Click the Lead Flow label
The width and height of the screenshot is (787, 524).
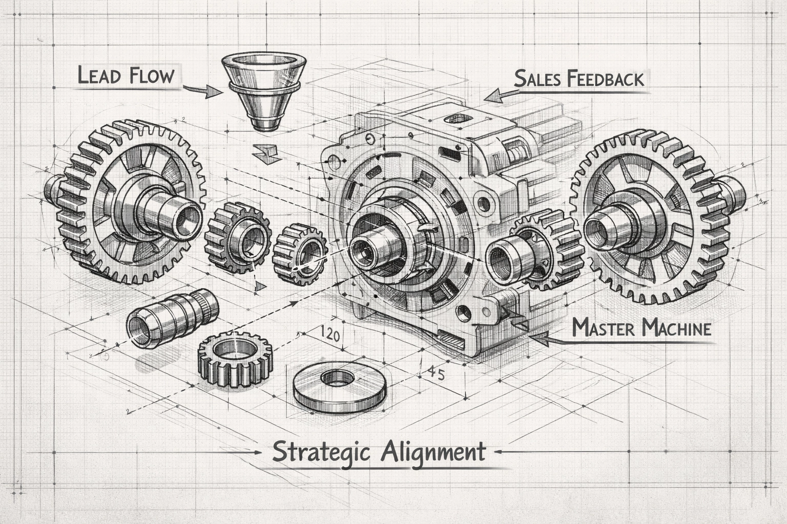click(126, 75)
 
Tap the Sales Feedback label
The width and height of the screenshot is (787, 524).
click(578, 79)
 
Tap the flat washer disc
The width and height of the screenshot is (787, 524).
click(340, 385)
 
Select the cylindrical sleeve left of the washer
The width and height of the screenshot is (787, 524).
click(171, 318)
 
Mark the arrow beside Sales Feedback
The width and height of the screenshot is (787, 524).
click(500, 95)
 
